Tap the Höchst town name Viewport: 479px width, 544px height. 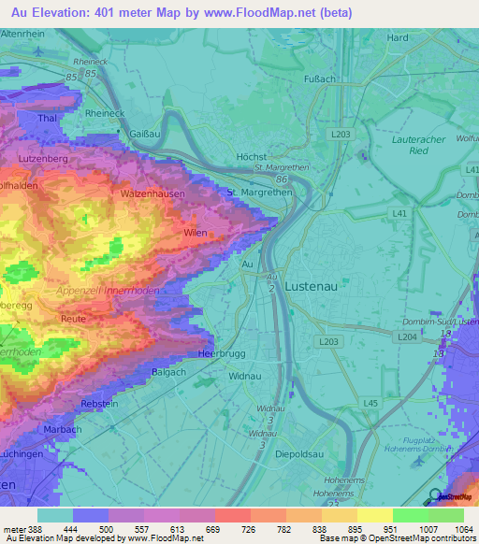pos(253,157)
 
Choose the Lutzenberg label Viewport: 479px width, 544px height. pos(39,161)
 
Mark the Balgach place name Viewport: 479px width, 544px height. pos(168,372)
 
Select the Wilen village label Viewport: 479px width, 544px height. pos(196,231)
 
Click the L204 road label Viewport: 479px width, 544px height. pos(406,336)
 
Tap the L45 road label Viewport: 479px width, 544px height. pos(370,403)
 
